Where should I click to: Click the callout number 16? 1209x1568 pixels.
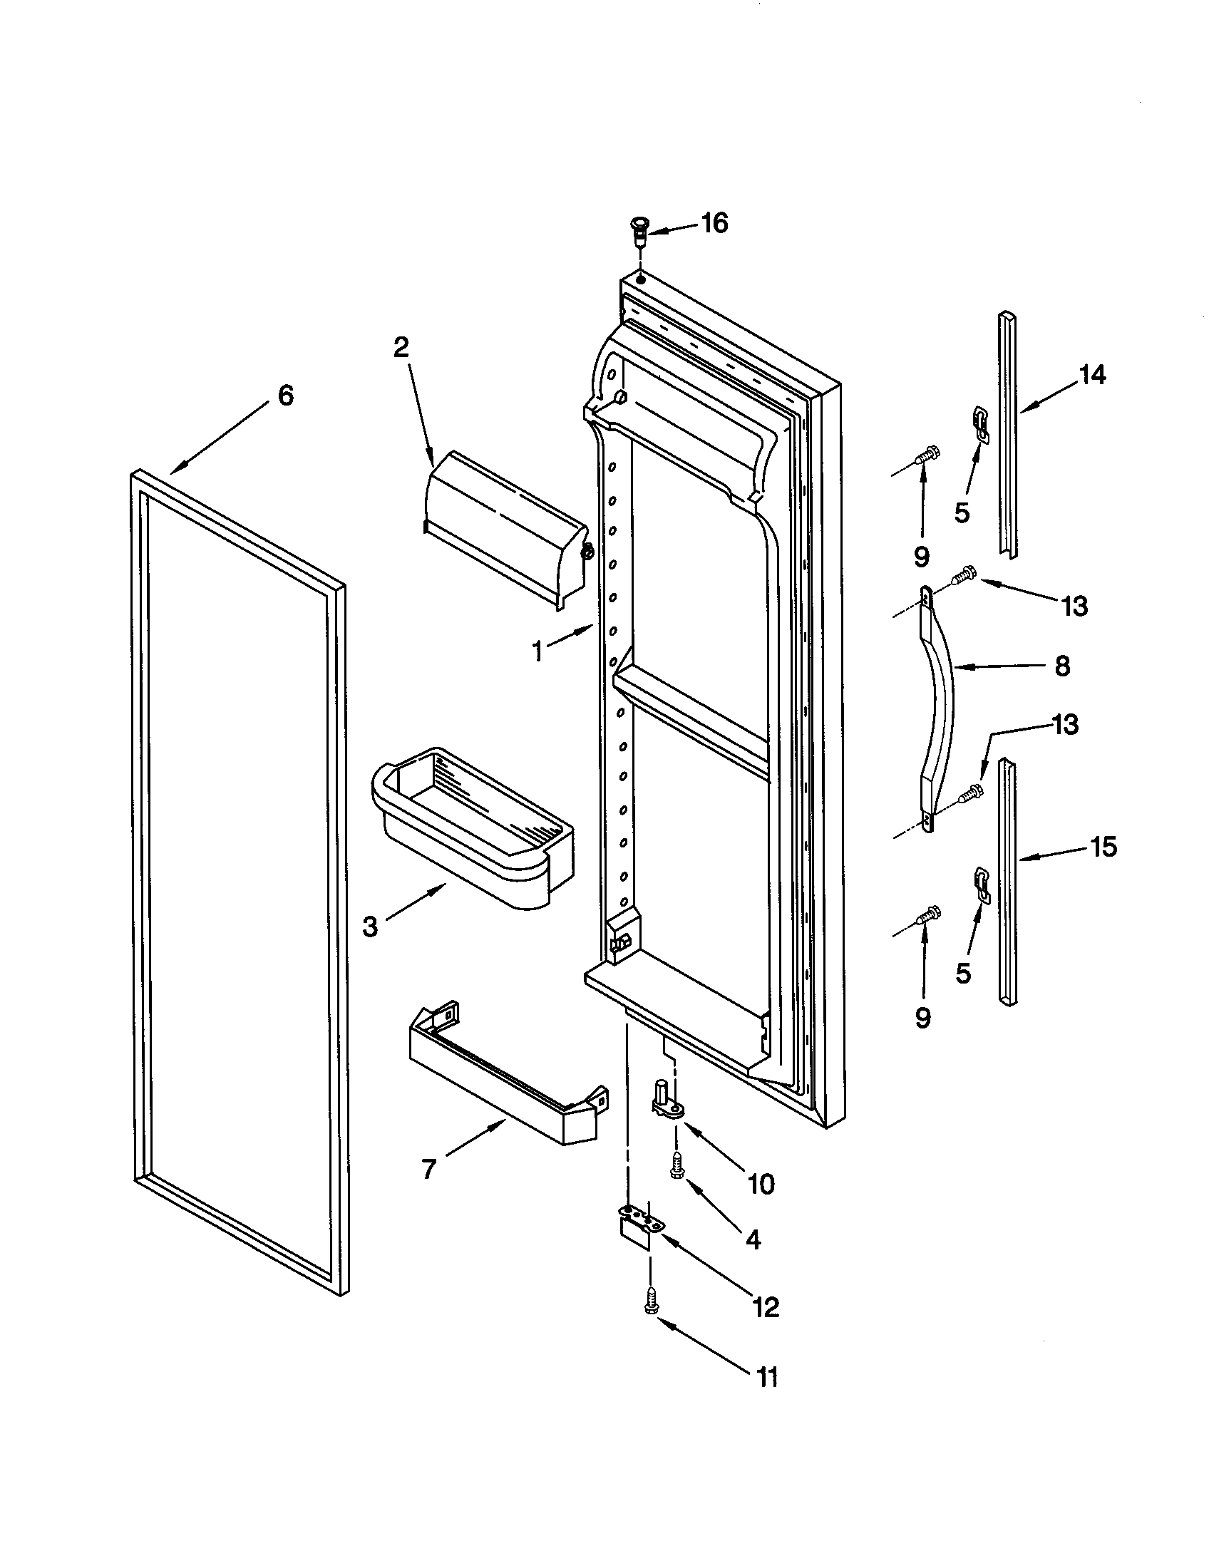coord(714,223)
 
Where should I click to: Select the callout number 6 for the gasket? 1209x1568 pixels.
coord(286,396)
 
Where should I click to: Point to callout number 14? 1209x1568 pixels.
coord(1093,375)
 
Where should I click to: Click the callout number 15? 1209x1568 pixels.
coord(1103,847)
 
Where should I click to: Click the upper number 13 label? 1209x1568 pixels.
coord(1075,607)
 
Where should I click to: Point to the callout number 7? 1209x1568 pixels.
coord(428,1170)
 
